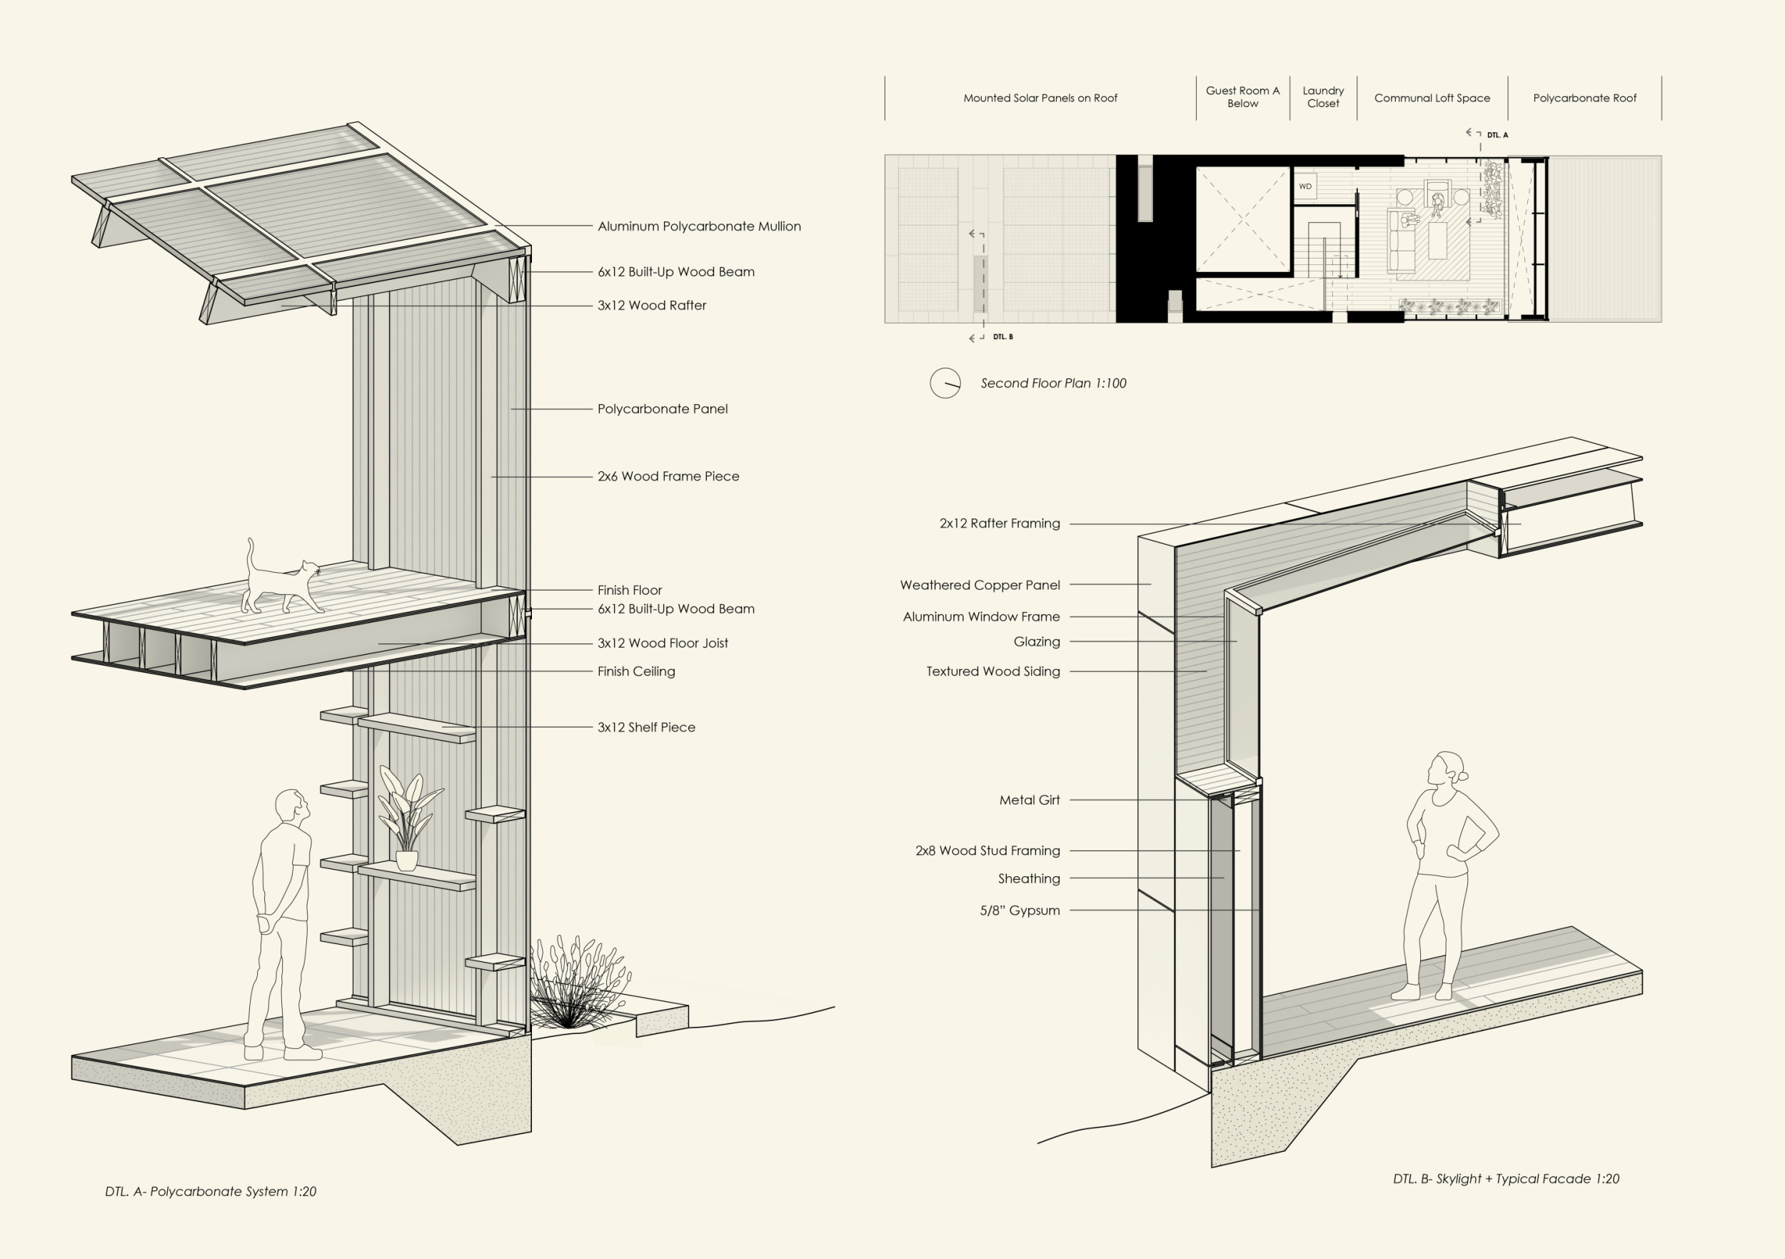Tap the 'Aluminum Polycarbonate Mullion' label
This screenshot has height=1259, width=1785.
698,226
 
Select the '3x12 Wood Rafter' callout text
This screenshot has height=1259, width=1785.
651,306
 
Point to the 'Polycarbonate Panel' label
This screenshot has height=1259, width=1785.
663,409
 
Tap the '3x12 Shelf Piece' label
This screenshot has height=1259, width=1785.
646,728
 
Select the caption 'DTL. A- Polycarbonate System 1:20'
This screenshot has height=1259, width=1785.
211,1191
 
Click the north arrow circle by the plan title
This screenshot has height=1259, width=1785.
945,383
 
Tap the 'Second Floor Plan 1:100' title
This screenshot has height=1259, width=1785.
1052,383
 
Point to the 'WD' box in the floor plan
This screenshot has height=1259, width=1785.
1305,186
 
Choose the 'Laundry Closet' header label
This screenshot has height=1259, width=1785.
1323,97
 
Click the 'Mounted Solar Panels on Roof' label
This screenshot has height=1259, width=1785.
1040,98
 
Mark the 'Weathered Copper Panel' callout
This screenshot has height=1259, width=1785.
980,585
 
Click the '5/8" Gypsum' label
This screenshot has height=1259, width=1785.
1019,911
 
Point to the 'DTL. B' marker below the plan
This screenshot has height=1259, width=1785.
1003,337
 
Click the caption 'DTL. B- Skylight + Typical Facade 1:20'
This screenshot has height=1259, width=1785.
1506,1179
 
